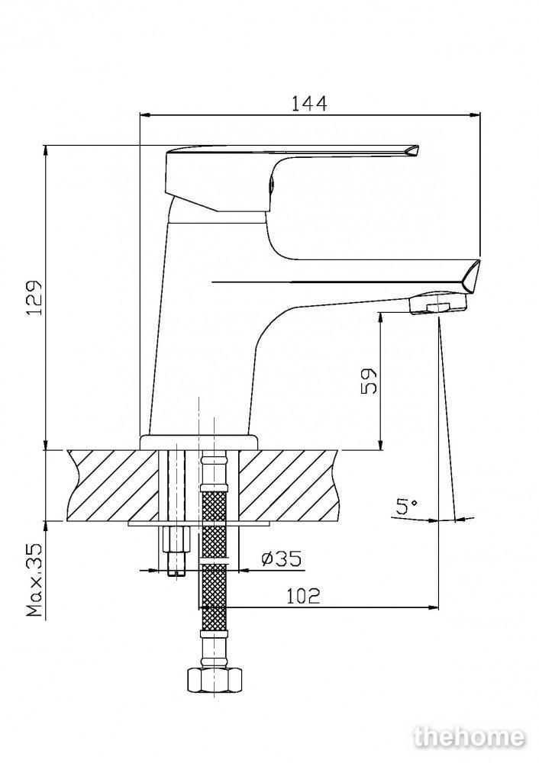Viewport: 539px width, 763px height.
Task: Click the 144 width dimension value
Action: click(x=309, y=103)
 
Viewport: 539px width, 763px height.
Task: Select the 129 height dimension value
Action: click(x=34, y=298)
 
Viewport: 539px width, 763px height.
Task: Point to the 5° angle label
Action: click(x=407, y=507)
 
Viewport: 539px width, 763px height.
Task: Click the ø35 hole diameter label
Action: click(x=282, y=558)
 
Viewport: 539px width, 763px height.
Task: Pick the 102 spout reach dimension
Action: click(x=303, y=595)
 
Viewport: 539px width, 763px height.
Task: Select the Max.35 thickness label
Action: click(x=34, y=580)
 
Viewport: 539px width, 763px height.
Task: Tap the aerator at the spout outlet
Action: click(x=438, y=304)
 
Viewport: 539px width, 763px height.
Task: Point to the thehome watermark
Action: click(x=469, y=737)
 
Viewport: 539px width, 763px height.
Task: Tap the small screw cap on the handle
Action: click(x=271, y=185)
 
